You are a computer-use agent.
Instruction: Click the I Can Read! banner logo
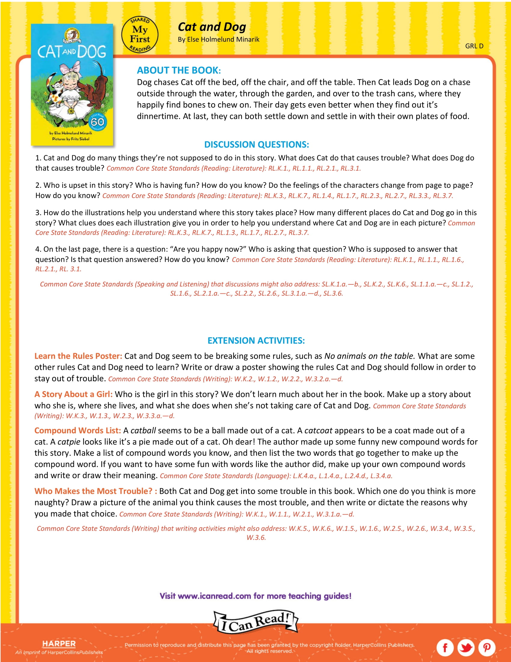[x=256, y=622]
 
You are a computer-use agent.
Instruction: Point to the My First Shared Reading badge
[x=140, y=35]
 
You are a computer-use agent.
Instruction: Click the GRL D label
[x=474, y=46]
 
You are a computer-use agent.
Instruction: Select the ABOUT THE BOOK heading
[x=179, y=70]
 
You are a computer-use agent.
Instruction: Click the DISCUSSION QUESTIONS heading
[x=256, y=144]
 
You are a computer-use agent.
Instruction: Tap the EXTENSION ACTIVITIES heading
[x=256, y=340]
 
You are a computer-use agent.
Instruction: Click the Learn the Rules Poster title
[x=78, y=356]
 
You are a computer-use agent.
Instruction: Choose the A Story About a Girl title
[x=73, y=394]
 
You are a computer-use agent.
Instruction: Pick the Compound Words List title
[x=78, y=430]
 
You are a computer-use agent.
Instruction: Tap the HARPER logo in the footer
[x=59, y=644]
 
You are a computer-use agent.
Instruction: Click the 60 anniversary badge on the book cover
[x=97, y=122]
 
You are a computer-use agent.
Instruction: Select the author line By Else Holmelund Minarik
[x=219, y=39]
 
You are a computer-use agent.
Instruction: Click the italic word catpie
[x=69, y=442]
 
